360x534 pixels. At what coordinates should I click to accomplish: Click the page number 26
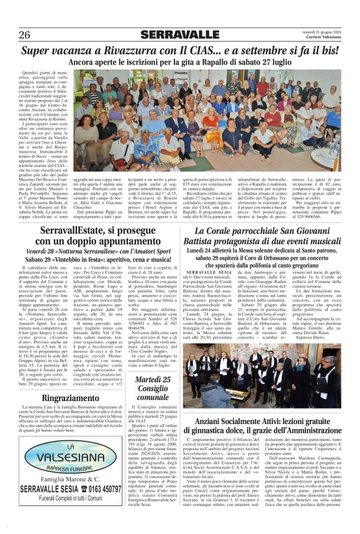[x=25, y=35]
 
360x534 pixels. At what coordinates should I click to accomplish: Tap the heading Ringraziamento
[x=63, y=399]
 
